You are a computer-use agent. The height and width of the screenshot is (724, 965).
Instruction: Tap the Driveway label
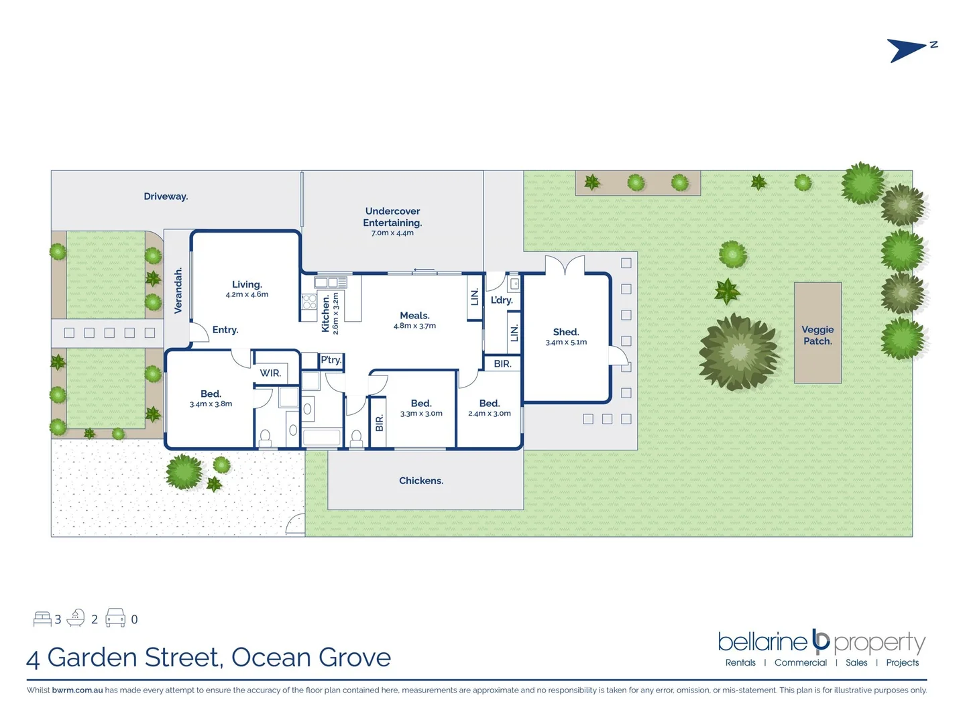[166, 196]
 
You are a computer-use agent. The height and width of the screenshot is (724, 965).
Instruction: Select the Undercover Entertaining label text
[392, 217]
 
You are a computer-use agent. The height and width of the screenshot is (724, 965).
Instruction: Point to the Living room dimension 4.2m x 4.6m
[247, 295]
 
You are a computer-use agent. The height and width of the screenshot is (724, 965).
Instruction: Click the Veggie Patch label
[817, 335]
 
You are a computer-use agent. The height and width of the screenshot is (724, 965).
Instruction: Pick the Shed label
[566, 332]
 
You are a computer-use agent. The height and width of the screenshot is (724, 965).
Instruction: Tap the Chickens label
[421, 481]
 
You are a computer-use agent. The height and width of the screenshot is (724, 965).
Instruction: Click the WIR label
[270, 373]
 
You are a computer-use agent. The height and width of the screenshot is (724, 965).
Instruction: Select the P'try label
[331, 360]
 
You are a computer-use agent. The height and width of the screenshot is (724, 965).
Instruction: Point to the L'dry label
[502, 300]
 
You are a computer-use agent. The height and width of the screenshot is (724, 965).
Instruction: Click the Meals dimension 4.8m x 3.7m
[414, 326]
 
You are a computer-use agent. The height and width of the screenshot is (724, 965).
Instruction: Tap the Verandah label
[178, 291]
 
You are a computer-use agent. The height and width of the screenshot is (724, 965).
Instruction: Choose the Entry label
[225, 330]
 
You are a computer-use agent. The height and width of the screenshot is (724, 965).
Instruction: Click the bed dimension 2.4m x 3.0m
[490, 414]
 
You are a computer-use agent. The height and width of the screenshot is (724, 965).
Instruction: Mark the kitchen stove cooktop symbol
[309, 302]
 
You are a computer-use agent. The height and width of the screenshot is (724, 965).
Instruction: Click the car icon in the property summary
[115, 617]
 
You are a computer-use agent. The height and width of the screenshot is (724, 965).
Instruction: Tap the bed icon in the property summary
[42, 618]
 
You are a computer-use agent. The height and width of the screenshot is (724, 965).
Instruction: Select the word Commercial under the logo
[801, 662]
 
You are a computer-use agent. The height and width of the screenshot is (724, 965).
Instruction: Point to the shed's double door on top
[565, 265]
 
